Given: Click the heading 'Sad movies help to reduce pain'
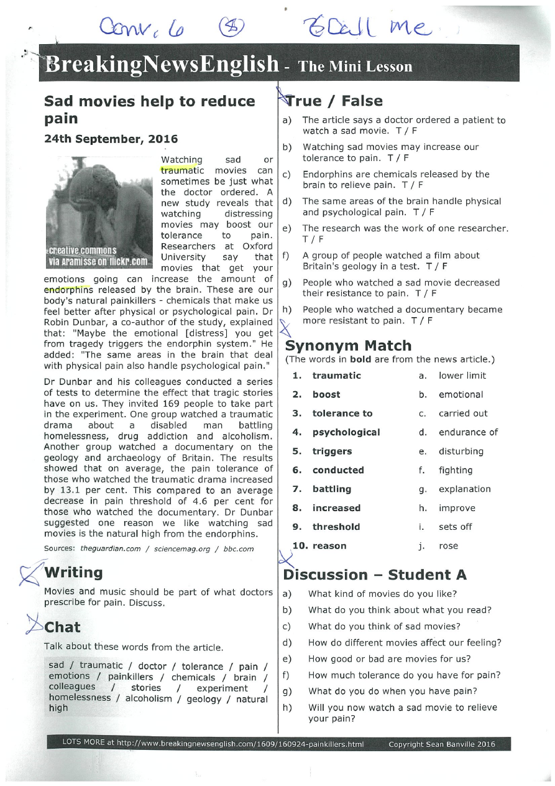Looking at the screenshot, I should (x=149, y=109).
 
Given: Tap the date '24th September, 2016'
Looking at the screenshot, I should (x=111, y=139).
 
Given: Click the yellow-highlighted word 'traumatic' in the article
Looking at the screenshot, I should (x=177, y=170).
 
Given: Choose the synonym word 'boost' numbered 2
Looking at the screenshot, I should (x=326, y=394).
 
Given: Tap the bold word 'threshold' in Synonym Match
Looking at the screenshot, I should (x=336, y=527).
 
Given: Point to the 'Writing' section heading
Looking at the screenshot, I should (x=73, y=572).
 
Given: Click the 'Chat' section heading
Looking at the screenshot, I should (x=62, y=627).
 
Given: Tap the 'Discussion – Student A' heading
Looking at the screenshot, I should (x=375, y=575).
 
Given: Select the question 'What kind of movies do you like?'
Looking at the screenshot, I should (x=382, y=594).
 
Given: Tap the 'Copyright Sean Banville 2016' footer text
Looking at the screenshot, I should (x=441, y=744).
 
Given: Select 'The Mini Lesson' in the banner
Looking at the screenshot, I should (x=355, y=67).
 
